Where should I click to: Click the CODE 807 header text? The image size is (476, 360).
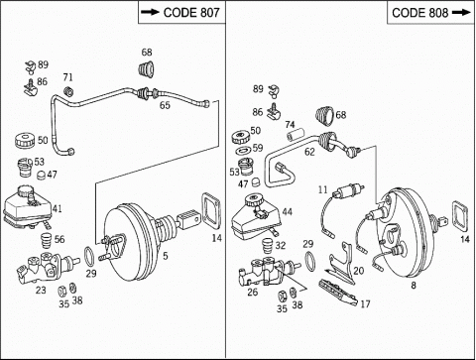pyautogui.click(x=191, y=13)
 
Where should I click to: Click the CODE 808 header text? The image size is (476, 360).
pyautogui.click(x=420, y=13)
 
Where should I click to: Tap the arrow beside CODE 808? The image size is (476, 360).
pyautogui.click(x=461, y=13)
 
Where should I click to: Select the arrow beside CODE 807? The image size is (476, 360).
pyautogui.click(x=150, y=12)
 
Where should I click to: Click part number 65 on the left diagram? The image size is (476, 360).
pyautogui.click(x=165, y=105)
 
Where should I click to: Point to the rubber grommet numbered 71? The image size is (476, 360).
pyautogui.click(x=68, y=91)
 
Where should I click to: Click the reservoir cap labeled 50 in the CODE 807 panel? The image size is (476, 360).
pyautogui.click(x=25, y=140)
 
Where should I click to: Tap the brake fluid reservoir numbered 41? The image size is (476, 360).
pyautogui.click(x=27, y=206)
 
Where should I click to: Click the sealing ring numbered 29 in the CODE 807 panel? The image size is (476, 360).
pyautogui.click(x=89, y=256)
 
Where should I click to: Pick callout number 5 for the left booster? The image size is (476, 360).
pyautogui.click(x=166, y=256)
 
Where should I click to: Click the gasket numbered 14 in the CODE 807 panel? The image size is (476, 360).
pyautogui.click(x=210, y=210)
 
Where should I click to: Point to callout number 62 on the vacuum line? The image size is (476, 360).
pyautogui.click(x=309, y=152)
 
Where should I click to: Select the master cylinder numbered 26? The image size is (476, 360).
pyautogui.click(x=268, y=271)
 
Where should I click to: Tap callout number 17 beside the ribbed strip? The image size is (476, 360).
pyautogui.click(x=365, y=303)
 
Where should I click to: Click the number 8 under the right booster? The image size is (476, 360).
pyautogui.click(x=414, y=285)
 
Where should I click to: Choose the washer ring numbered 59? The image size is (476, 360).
pyautogui.click(x=244, y=151)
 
